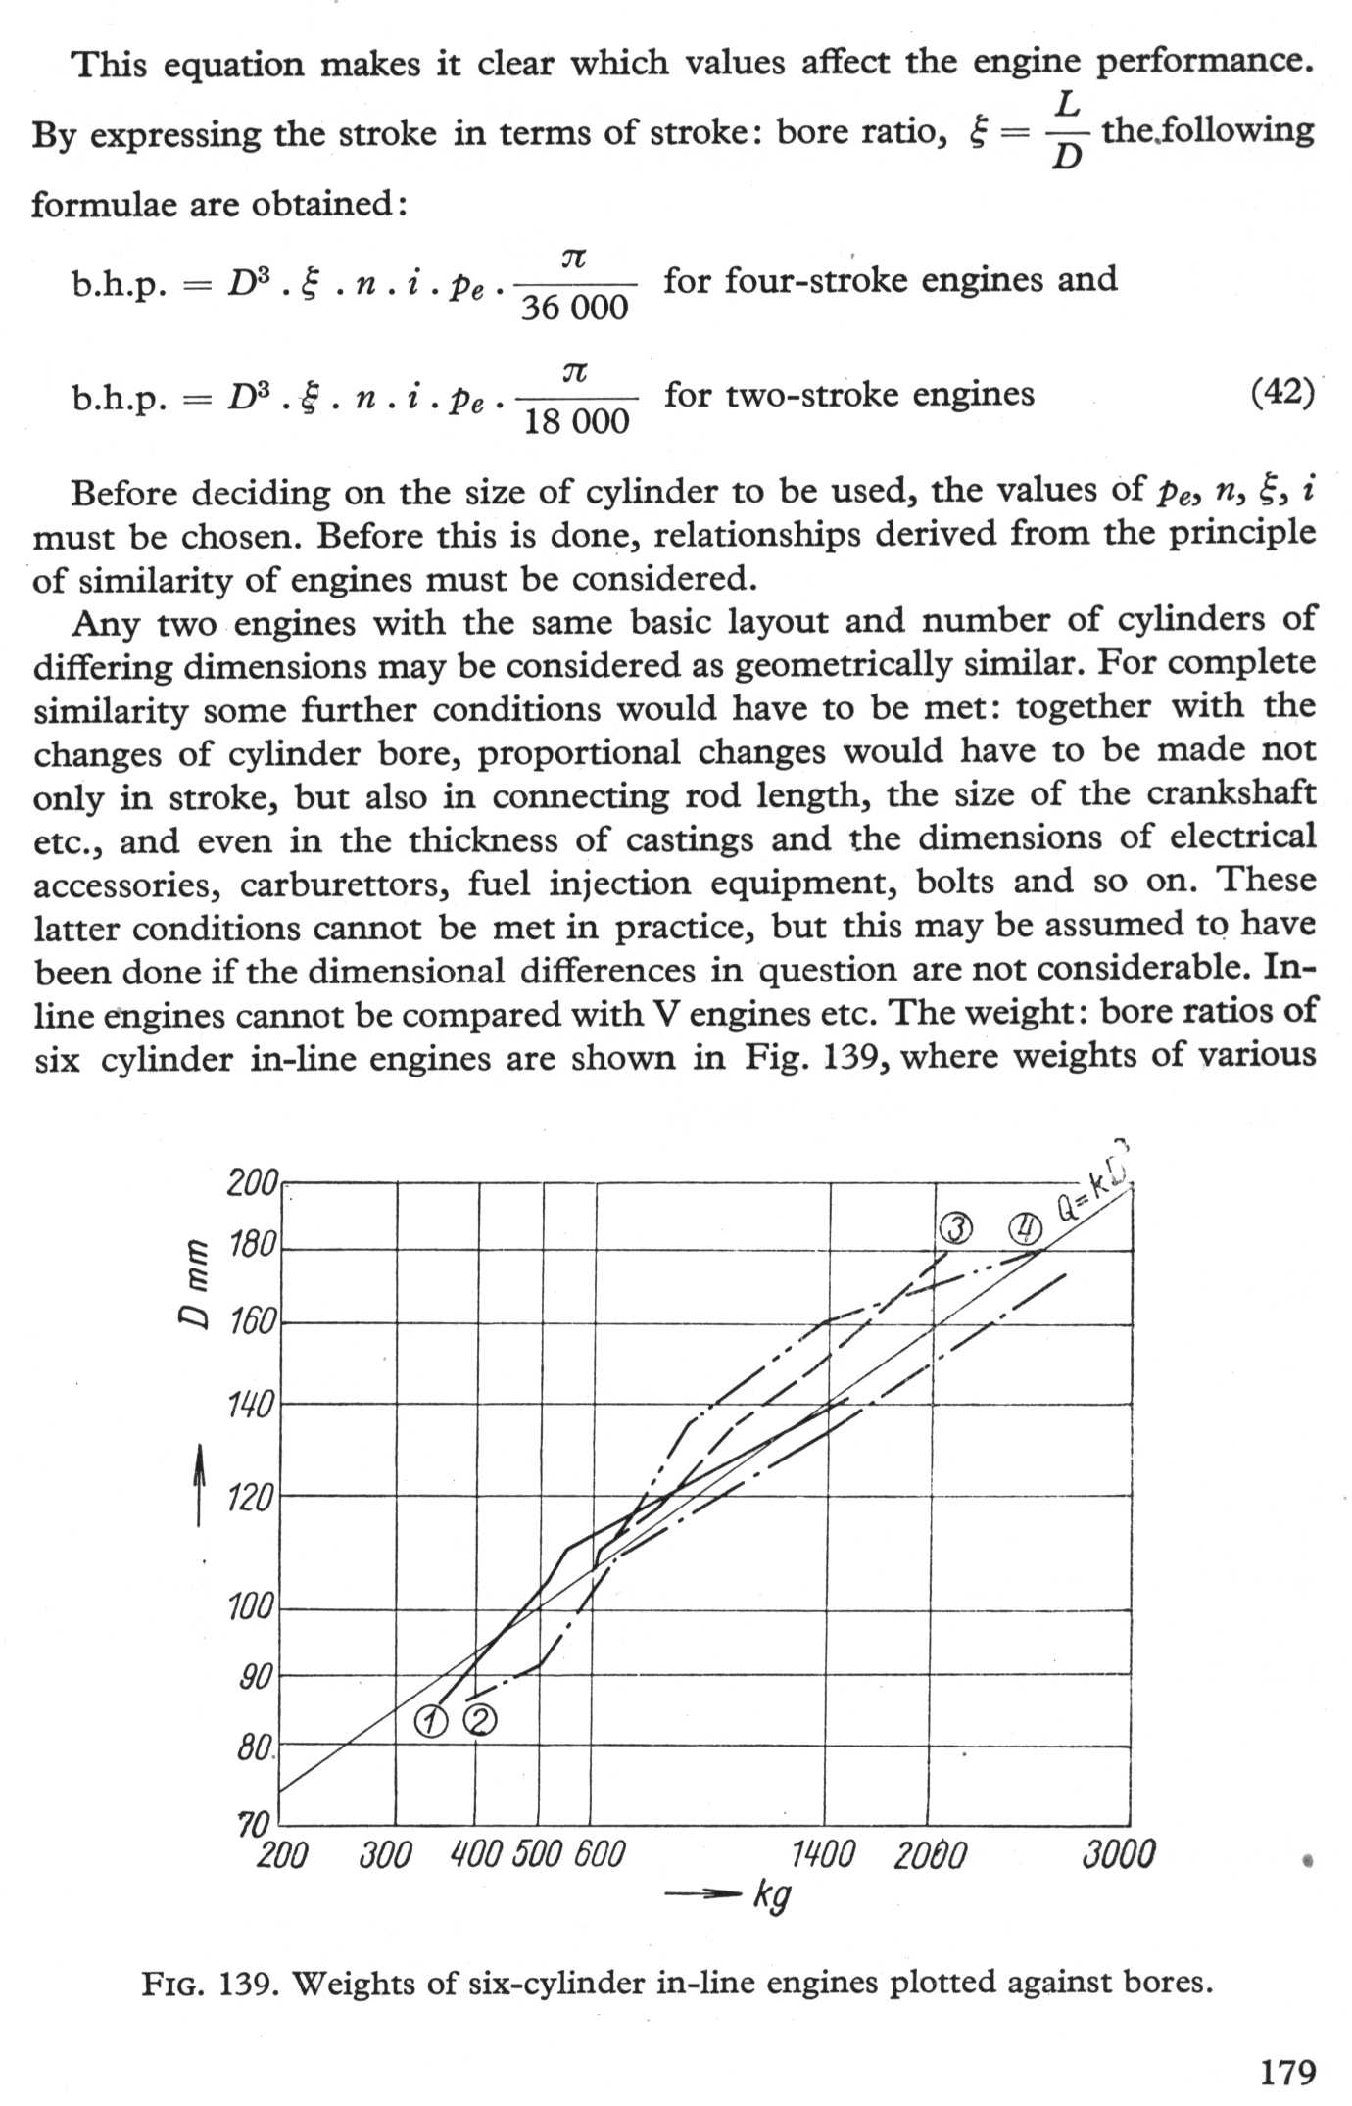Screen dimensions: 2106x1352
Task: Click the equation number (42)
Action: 1282,393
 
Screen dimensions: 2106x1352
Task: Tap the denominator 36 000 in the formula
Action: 574,309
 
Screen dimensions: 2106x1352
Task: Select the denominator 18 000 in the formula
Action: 576,422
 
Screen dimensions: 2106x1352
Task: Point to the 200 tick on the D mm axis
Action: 253,1184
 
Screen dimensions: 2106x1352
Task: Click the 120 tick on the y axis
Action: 251,1497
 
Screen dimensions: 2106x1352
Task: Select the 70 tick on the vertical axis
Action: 253,1825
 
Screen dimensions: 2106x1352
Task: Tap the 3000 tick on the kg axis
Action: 1119,1855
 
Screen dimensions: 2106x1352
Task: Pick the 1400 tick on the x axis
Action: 822,1855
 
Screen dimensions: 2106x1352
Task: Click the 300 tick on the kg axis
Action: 385,1855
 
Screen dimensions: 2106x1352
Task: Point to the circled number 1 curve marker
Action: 431,1721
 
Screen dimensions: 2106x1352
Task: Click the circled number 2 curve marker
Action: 479,1720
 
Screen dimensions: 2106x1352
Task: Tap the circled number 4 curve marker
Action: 1025,1226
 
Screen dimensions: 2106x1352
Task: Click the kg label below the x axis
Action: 772,1896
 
